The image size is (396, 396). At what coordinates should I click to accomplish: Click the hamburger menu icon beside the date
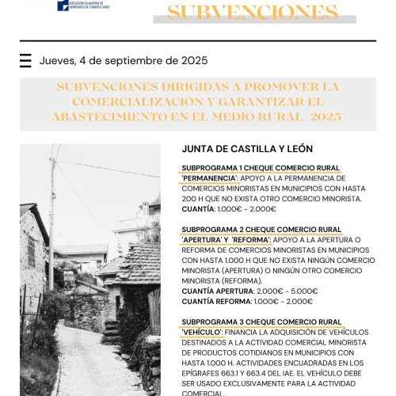(x=25, y=61)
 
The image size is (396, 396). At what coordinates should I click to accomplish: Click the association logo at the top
(x=84, y=6)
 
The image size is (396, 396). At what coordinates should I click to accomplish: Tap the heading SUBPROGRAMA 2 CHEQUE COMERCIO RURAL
(x=261, y=230)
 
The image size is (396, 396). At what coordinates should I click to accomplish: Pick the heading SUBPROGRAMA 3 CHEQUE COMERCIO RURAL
(x=261, y=322)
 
